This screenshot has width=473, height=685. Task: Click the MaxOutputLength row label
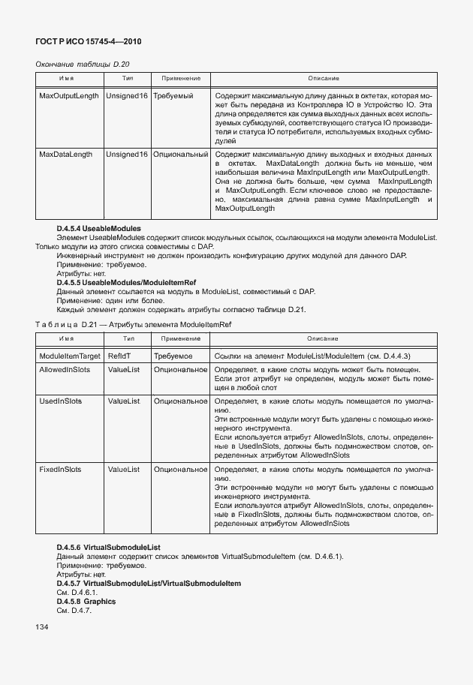pos(68,97)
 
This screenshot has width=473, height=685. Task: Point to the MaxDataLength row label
pos(65,155)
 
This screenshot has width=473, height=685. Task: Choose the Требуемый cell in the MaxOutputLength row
pos(173,97)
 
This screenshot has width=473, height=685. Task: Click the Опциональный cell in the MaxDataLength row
pos(180,155)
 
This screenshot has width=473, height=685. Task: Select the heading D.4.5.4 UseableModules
pos(98,228)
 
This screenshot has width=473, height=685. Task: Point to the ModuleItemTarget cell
pos(69,356)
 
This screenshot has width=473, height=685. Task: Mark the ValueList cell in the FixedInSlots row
pos(124,469)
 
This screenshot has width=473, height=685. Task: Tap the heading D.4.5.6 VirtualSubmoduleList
pos(108,548)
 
